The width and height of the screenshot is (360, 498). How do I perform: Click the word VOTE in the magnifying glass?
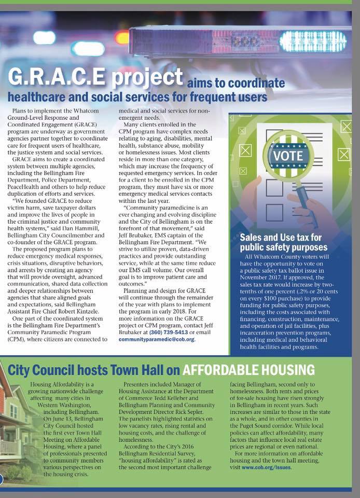click(x=288, y=155)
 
